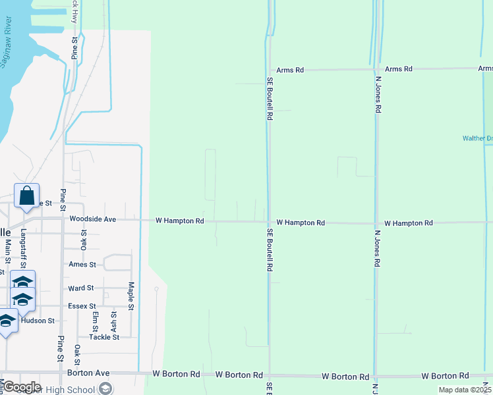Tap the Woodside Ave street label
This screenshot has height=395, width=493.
pyautogui.click(x=92, y=219)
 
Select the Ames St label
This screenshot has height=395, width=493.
pyautogui.click(x=82, y=265)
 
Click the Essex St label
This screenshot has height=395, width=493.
pyautogui.click(x=82, y=306)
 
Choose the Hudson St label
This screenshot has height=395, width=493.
pyautogui.click(x=38, y=321)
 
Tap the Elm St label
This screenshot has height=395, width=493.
pyautogui.click(x=96, y=322)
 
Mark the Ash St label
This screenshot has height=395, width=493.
pyautogui.click(x=114, y=322)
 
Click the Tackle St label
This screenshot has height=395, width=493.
pyautogui.click(x=104, y=337)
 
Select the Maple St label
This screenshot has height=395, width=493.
pyautogui.click(x=131, y=296)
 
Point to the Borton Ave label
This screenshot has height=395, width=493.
pyautogui.click(x=88, y=373)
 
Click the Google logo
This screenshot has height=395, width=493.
pyautogui.click(x=21, y=387)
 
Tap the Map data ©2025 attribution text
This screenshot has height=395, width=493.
pyautogui.click(x=465, y=390)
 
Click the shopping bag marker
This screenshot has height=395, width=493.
pyautogui.click(x=26, y=196)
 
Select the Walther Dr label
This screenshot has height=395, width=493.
pyautogui.click(x=477, y=138)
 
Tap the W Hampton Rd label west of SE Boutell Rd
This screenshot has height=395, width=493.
pyautogui.click(x=179, y=221)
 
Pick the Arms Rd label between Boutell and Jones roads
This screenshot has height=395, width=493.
pyautogui.click(x=290, y=70)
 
